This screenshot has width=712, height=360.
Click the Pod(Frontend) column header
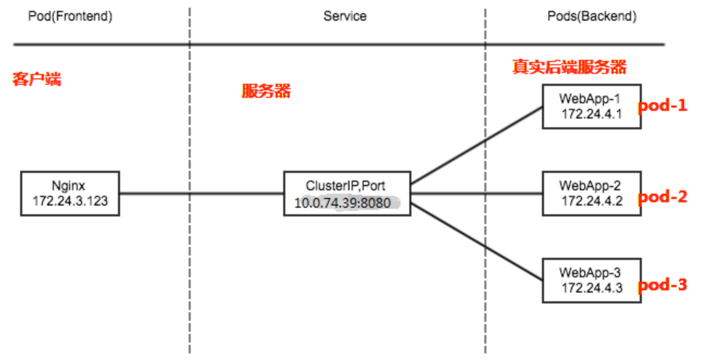[70, 16]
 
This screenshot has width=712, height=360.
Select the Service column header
[345, 16]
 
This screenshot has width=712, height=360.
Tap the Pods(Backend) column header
[591, 16]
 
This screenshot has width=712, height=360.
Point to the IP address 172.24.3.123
[70, 201]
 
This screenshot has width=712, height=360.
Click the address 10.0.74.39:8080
[342, 203]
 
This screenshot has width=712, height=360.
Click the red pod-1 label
[663, 105]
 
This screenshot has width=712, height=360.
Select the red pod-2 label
[663, 196]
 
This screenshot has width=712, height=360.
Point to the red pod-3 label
[663, 284]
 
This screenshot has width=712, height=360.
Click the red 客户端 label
[37, 79]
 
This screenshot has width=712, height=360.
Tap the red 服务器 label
[266, 91]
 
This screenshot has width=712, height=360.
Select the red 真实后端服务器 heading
[569, 67]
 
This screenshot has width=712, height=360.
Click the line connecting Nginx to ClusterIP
[201, 193]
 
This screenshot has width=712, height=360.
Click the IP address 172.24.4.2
[592, 201]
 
